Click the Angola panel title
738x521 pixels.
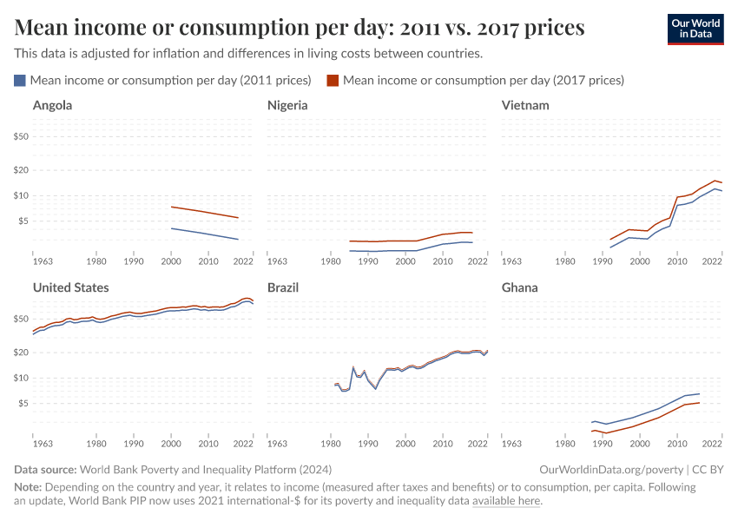coord(52,106)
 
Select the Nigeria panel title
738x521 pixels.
coord(287,106)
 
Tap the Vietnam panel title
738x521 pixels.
coord(525,106)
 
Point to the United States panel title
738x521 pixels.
coord(71,287)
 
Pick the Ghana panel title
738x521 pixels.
coord(520,287)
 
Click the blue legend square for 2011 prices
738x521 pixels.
coord(20,81)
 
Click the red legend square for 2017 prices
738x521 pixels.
coord(333,81)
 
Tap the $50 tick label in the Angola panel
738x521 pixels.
coord(22,136)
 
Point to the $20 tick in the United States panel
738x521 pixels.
coord(22,353)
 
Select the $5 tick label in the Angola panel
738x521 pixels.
coord(24,221)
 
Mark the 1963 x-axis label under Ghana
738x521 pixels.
coord(512,443)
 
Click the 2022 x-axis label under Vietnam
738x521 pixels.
coord(712,260)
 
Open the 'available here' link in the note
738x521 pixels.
coord(506,501)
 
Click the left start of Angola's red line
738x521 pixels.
coord(172,207)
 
